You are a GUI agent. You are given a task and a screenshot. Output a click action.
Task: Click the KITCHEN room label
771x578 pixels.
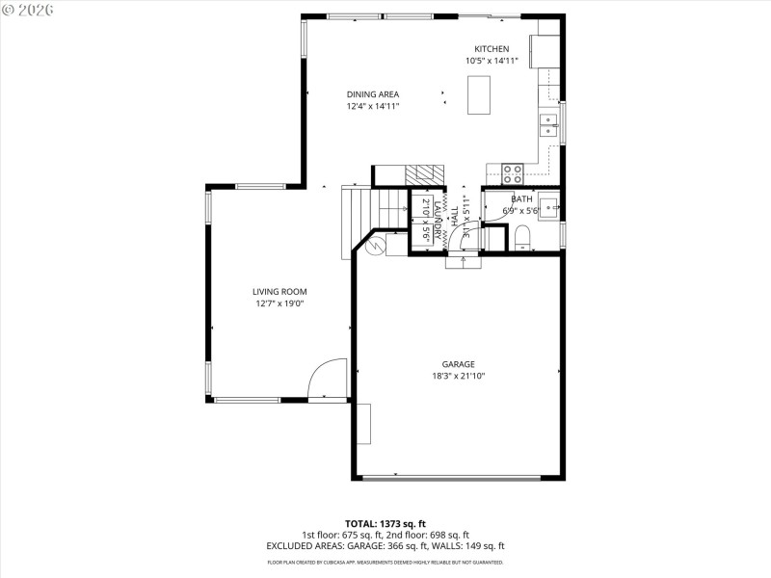tap(491, 49)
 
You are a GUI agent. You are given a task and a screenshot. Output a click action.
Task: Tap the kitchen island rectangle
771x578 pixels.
tap(479, 94)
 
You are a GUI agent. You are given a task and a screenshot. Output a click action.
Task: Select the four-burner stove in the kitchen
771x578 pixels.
tap(513, 173)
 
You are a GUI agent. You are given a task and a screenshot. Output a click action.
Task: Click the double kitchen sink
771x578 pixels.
tap(548, 126)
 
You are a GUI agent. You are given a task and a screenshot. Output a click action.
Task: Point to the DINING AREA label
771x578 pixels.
tap(373, 94)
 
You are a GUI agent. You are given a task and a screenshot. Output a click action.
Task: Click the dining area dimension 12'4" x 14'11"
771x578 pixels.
tap(373, 106)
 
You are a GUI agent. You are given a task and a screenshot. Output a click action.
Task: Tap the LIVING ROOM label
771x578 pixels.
tap(279, 292)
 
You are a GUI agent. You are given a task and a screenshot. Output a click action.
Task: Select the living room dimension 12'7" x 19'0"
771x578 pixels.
tap(279, 303)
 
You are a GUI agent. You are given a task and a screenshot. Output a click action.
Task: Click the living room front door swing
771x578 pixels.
tap(328, 378)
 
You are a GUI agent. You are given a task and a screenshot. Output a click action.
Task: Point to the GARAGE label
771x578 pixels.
tap(458, 364)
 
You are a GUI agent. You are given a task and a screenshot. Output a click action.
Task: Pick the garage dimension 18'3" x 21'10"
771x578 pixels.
tap(458, 376)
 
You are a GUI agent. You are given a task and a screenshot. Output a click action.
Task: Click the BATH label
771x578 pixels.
tap(521, 199)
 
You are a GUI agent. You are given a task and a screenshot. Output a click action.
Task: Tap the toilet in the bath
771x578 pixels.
tap(521, 238)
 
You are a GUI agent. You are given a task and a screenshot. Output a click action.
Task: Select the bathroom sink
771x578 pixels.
tap(547, 204)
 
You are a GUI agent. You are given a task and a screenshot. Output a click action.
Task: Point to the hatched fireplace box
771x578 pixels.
tap(424, 174)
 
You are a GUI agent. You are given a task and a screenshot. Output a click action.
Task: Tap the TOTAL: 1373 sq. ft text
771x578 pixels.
tap(385, 523)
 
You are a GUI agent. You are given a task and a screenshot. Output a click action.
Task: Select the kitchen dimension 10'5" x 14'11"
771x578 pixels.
tap(491, 61)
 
